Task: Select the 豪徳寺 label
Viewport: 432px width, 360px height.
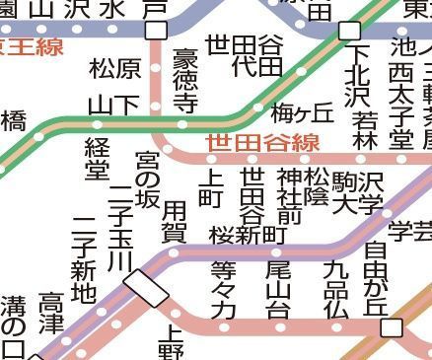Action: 184,80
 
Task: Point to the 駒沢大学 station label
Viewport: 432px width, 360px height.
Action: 357,190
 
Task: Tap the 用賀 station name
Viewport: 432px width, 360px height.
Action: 174,223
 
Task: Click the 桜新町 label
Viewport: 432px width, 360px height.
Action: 248,235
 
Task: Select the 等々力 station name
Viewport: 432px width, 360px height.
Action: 224,288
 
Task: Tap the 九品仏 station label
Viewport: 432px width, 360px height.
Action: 335,288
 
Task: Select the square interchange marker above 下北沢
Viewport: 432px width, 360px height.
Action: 350,31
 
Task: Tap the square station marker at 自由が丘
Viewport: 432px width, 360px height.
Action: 394,326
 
